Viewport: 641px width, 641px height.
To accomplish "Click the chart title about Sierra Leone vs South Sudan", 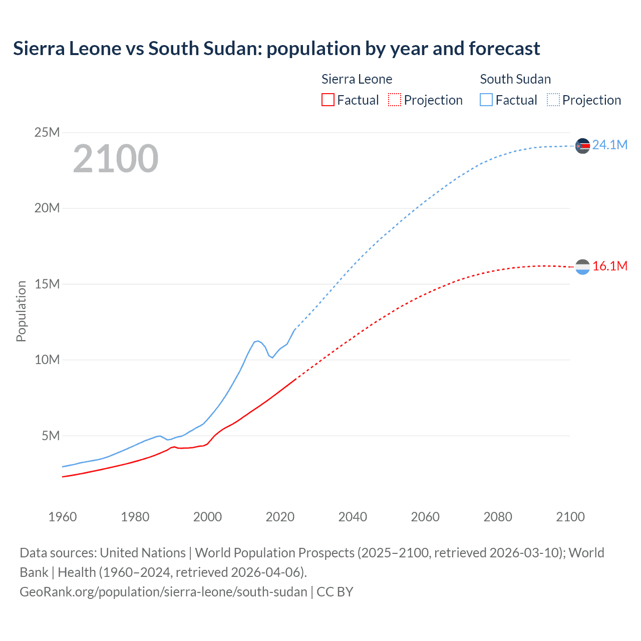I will [x=276, y=49].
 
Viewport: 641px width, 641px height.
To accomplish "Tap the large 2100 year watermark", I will [x=116, y=159].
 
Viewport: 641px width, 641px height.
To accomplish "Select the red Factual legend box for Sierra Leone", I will [x=328, y=100].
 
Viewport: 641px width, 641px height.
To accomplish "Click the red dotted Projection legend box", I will [x=395, y=100].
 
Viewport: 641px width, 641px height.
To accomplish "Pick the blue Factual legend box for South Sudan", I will [x=486, y=100].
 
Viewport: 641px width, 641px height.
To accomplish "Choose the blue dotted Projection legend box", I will [x=553, y=100].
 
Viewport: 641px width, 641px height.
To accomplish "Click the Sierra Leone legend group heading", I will [x=357, y=79].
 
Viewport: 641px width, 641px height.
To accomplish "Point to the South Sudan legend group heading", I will [x=515, y=79].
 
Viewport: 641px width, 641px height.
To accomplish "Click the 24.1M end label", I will [x=609, y=145].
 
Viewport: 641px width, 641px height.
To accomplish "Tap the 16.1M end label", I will [x=609, y=266].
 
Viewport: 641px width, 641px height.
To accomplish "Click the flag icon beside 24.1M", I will [x=582, y=146].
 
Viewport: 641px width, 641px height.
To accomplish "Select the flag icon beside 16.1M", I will [x=582, y=267].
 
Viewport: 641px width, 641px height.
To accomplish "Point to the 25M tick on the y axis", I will [x=47, y=132].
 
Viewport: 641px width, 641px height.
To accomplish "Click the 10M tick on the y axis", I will [x=47, y=360].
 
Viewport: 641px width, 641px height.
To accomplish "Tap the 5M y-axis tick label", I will [x=51, y=436].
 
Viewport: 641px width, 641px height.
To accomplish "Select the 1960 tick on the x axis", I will [x=63, y=517].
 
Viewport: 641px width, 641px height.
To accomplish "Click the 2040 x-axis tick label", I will [x=353, y=517].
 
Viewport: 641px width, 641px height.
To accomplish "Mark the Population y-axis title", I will [x=21, y=311].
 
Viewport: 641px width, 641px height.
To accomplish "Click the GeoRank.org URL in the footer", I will [x=163, y=592].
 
